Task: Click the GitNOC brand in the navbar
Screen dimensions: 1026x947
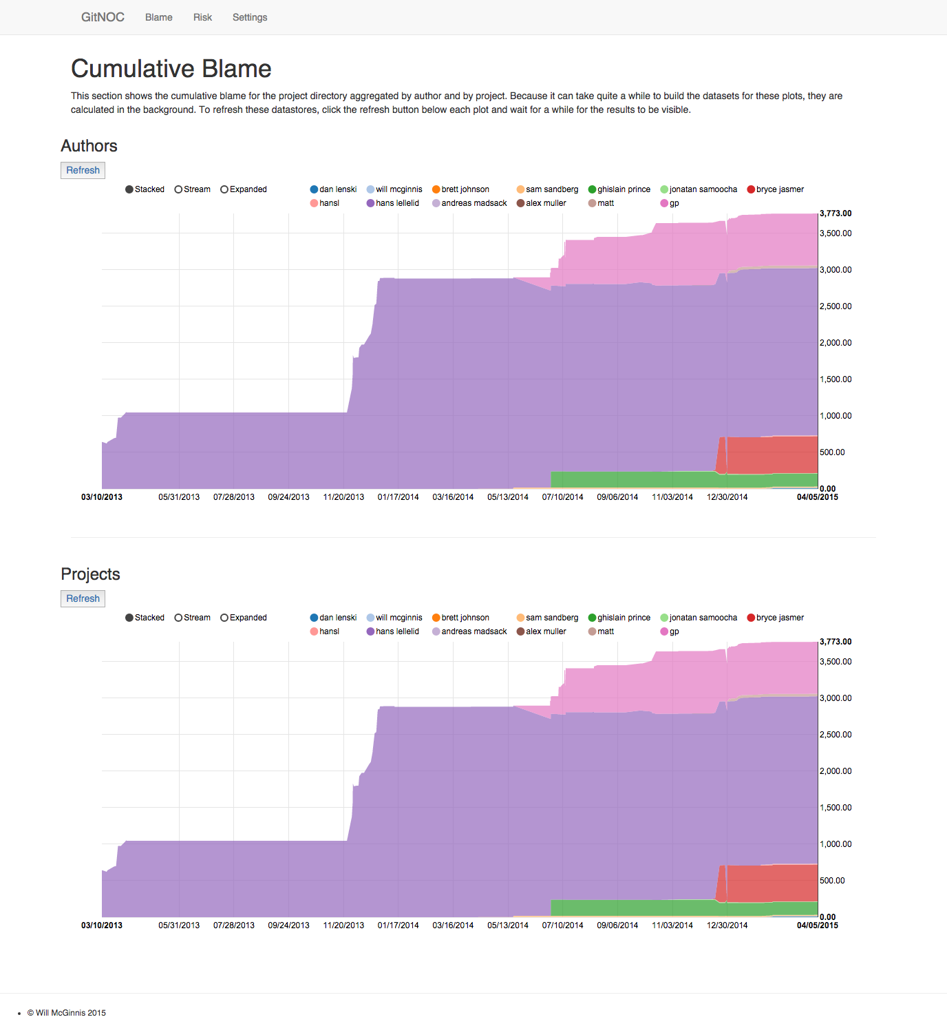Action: (103, 17)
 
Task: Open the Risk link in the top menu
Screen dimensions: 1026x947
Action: (202, 17)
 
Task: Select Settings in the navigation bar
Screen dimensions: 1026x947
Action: (250, 17)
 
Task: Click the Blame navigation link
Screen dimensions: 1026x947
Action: (158, 17)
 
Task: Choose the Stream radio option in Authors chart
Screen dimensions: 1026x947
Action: (193, 189)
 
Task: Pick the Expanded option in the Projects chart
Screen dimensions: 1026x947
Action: (244, 618)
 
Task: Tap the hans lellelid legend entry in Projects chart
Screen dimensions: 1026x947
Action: (393, 631)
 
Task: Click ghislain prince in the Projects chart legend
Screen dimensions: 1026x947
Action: (619, 618)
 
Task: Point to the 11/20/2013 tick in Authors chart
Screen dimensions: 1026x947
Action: (343, 497)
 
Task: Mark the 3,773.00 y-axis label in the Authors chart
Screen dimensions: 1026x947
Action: (836, 213)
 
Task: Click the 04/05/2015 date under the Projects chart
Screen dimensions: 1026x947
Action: (818, 925)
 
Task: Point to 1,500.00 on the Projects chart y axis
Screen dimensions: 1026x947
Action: (836, 808)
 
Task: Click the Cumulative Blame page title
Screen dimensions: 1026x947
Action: (171, 69)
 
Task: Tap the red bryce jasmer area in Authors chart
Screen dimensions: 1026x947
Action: (771, 454)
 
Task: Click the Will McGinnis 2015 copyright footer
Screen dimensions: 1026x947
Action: (67, 1013)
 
